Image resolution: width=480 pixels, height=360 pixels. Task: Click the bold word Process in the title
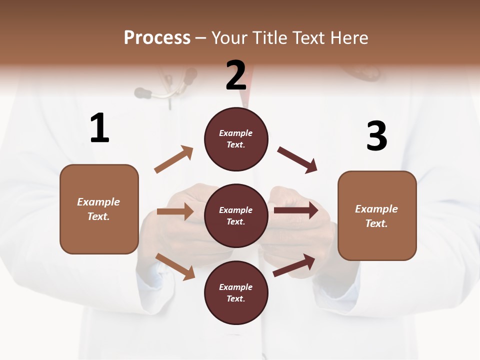tap(157, 38)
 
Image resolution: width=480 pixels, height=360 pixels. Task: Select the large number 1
tap(99, 128)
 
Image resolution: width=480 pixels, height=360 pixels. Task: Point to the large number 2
tap(236, 75)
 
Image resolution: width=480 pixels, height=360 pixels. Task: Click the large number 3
tap(376, 136)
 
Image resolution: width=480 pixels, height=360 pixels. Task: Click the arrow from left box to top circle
tap(174, 159)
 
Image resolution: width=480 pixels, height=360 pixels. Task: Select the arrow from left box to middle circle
tap(175, 211)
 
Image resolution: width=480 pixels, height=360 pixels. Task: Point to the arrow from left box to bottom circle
tap(175, 266)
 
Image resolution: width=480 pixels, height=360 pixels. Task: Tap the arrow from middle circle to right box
tap(295, 210)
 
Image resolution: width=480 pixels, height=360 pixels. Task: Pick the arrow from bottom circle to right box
tap(294, 265)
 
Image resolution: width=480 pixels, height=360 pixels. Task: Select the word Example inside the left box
tap(98, 202)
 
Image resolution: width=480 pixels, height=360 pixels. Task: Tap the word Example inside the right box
tap(376, 209)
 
